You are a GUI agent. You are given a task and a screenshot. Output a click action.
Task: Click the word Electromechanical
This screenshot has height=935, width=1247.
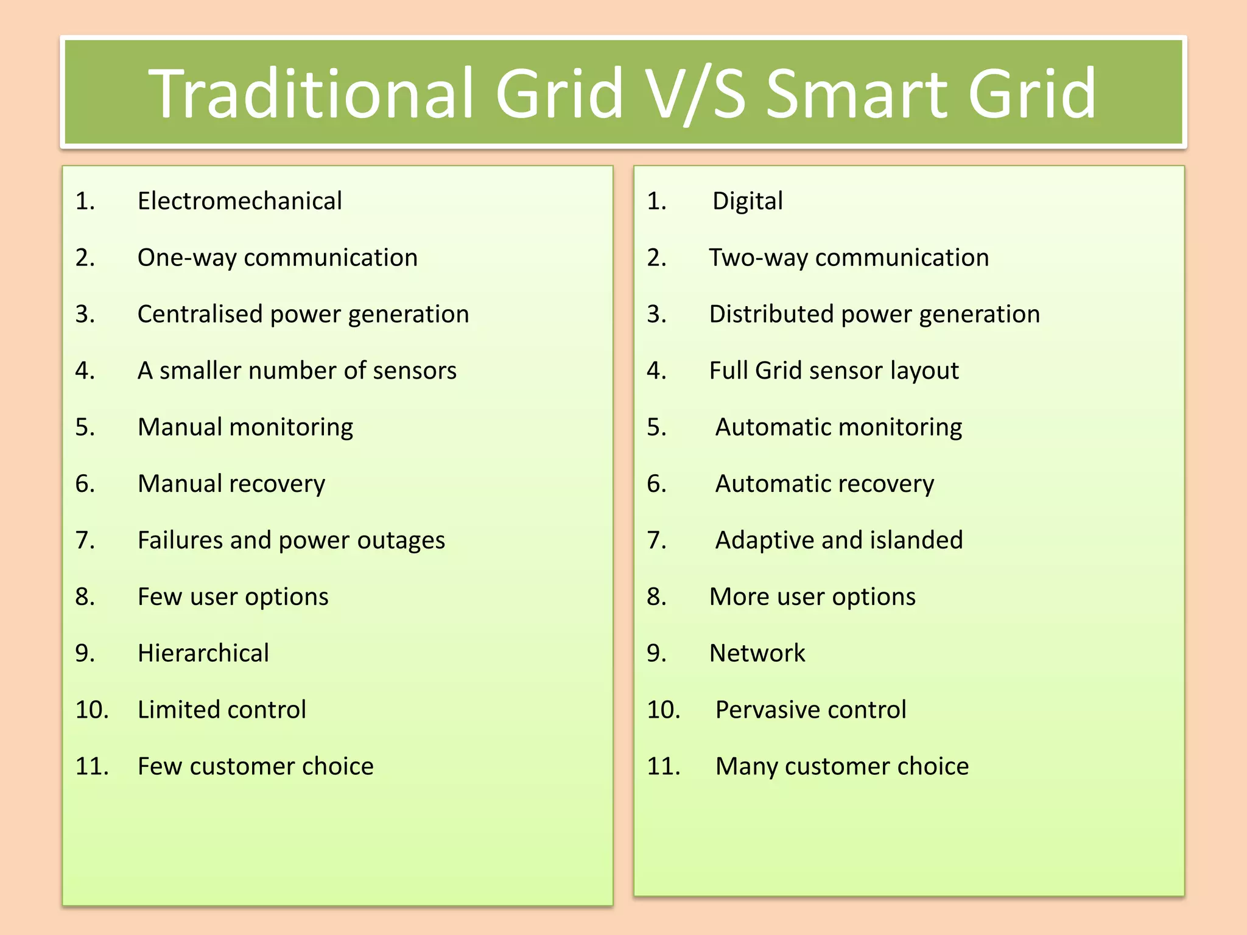[239, 201]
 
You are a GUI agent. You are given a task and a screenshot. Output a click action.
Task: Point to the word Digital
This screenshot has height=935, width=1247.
[747, 201]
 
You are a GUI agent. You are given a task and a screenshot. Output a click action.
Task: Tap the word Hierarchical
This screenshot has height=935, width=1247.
[203, 653]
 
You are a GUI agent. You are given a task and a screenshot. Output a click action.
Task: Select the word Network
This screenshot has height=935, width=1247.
[757, 653]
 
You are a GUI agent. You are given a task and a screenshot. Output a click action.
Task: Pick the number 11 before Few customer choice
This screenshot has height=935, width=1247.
[91, 766]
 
